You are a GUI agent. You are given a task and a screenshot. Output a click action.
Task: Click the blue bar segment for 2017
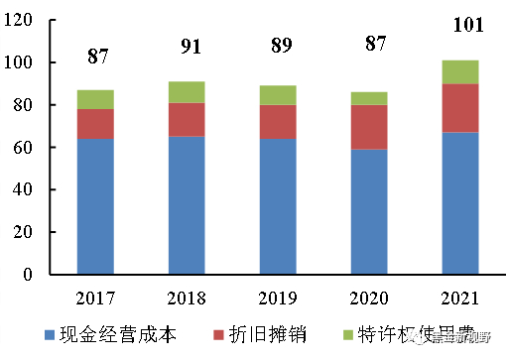[97, 206]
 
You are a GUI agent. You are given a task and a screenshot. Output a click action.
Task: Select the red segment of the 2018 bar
[187, 119]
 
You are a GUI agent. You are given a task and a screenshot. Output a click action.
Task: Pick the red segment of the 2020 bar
[369, 127]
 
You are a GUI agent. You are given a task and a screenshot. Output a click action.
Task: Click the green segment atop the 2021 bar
[460, 72]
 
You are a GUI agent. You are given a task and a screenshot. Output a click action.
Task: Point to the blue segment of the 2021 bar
[460, 202]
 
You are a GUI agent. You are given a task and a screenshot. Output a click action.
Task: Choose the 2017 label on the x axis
[97, 298]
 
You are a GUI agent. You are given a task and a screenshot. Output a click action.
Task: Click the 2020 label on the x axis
[369, 298]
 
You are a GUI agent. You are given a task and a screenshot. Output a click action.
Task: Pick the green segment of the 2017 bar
[97, 99]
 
